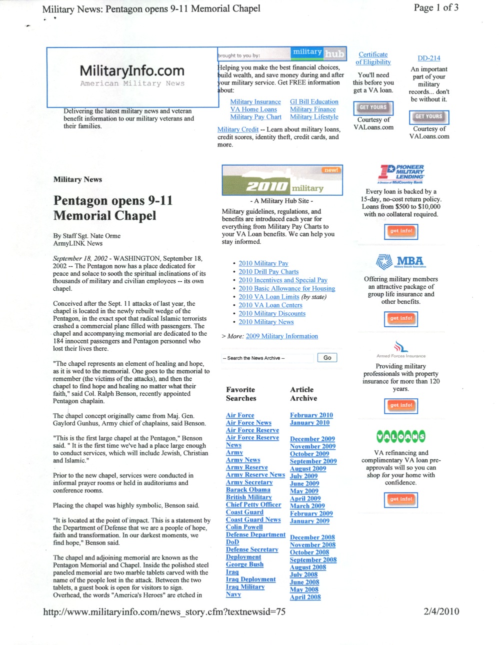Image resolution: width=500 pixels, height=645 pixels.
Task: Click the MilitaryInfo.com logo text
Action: tap(132, 71)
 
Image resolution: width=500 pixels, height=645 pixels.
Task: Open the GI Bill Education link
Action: tap(314, 102)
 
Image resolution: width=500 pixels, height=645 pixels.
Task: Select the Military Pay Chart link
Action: tap(255, 117)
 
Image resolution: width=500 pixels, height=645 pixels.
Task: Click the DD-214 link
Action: tap(428, 58)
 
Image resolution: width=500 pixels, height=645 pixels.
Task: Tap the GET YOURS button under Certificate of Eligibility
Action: tap(373, 108)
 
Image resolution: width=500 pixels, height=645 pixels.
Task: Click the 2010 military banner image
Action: tap(282, 180)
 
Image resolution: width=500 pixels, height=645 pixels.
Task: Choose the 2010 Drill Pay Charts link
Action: tap(268, 272)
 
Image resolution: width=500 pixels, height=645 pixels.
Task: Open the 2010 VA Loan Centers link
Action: tap(270, 305)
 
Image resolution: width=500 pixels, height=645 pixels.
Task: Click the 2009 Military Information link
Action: tap(281, 336)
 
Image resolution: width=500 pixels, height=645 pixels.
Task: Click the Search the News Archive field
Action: tap(267, 358)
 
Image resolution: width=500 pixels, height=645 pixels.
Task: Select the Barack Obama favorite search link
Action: tap(248, 490)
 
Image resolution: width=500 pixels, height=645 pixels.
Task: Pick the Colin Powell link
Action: tap(244, 527)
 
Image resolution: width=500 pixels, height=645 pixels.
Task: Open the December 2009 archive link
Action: tap(312, 439)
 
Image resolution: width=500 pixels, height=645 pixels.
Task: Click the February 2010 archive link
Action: tap(311, 415)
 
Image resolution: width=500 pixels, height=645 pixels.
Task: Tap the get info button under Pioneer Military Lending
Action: tap(400, 231)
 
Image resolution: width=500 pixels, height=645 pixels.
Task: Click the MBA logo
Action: tap(400, 262)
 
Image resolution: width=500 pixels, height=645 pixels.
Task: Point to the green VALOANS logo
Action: tap(400, 437)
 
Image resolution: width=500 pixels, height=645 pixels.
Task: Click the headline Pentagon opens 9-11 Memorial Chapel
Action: tap(113, 208)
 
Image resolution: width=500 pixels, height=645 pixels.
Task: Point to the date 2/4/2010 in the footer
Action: tap(441, 611)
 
